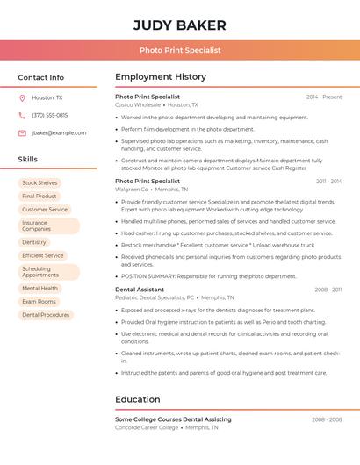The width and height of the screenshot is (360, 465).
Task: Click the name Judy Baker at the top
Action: click(x=179, y=25)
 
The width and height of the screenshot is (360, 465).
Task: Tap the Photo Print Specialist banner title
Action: click(x=179, y=50)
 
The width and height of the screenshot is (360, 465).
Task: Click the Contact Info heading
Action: click(x=40, y=77)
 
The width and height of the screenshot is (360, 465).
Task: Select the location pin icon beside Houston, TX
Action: click(x=22, y=97)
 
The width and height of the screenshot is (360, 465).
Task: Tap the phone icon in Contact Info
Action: click(x=22, y=115)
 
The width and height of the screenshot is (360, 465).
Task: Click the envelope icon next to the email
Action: click(x=22, y=132)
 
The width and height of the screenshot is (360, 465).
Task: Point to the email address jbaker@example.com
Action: click(x=59, y=132)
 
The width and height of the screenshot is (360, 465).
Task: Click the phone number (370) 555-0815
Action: click(x=49, y=115)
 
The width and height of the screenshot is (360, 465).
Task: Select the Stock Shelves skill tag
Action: click(x=40, y=182)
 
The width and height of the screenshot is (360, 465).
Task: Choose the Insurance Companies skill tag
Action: click(x=36, y=225)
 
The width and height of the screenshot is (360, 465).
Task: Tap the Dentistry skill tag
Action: click(x=34, y=241)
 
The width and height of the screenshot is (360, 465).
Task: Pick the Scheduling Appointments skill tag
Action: click(x=40, y=272)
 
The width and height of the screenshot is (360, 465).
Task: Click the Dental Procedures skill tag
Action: click(x=46, y=314)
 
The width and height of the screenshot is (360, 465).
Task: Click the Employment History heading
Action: click(x=161, y=77)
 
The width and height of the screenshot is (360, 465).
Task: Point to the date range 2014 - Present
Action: click(x=324, y=97)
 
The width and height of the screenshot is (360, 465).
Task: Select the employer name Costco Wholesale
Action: click(x=138, y=104)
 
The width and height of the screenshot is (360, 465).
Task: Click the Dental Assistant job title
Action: click(x=140, y=289)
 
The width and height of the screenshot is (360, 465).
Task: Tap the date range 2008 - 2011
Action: click(x=328, y=289)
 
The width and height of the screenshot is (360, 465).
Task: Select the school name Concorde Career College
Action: click(x=147, y=427)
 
